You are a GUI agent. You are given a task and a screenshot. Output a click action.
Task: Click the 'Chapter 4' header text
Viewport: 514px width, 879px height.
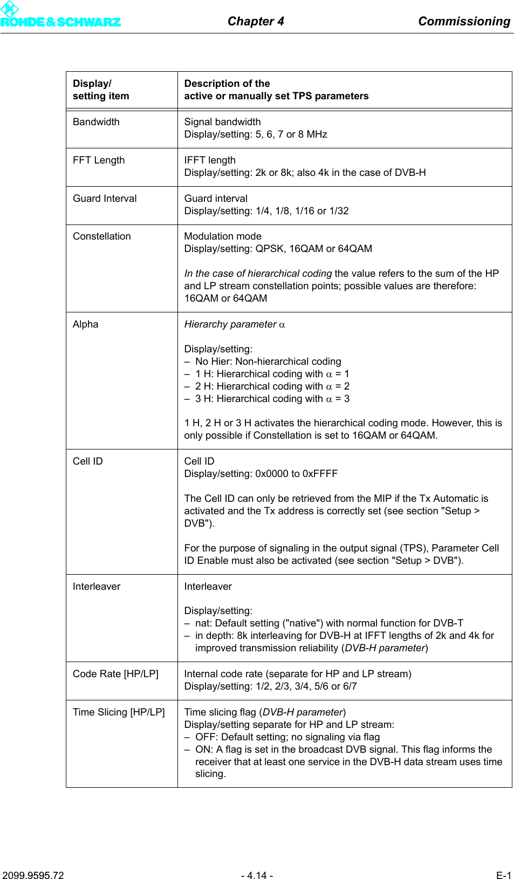[256, 21]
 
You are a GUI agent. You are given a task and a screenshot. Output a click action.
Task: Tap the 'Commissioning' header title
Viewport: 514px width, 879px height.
[464, 21]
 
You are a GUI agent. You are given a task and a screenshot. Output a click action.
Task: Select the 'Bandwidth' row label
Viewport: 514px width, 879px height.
[96, 122]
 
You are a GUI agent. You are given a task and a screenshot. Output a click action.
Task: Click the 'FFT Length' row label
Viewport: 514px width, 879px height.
[99, 160]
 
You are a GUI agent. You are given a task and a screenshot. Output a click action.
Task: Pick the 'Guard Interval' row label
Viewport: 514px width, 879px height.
[105, 199]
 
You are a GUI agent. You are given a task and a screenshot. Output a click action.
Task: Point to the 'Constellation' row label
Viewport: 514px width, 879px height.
[101, 236]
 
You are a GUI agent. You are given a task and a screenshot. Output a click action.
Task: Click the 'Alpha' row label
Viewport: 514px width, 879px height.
[85, 324]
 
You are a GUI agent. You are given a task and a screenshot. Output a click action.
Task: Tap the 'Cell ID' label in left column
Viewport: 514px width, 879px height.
[87, 461]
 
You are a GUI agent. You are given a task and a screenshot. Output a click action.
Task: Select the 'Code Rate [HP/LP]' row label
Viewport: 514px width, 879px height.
[115, 674]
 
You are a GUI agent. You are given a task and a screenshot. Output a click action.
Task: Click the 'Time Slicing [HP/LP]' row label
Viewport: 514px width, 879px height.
[119, 712]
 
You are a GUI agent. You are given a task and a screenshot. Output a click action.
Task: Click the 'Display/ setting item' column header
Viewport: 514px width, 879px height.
[101, 90]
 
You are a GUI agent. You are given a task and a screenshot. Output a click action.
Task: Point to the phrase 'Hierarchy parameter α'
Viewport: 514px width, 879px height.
[235, 324]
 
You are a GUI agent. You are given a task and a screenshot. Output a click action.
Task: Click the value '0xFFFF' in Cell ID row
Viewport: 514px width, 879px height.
[320, 474]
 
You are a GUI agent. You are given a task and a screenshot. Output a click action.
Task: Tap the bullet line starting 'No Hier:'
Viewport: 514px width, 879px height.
[268, 362]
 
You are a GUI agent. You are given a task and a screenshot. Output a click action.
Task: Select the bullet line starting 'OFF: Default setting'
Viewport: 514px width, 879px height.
[287, 737]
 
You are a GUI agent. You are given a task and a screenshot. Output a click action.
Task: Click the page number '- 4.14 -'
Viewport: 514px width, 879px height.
[257, 875]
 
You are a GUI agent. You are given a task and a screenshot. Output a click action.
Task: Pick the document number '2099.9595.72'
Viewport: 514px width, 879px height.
[33, 875]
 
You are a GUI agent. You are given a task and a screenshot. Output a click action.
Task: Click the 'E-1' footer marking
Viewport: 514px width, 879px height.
[503, 875]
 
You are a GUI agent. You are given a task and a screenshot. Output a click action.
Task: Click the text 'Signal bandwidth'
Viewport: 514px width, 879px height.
[222, 122]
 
